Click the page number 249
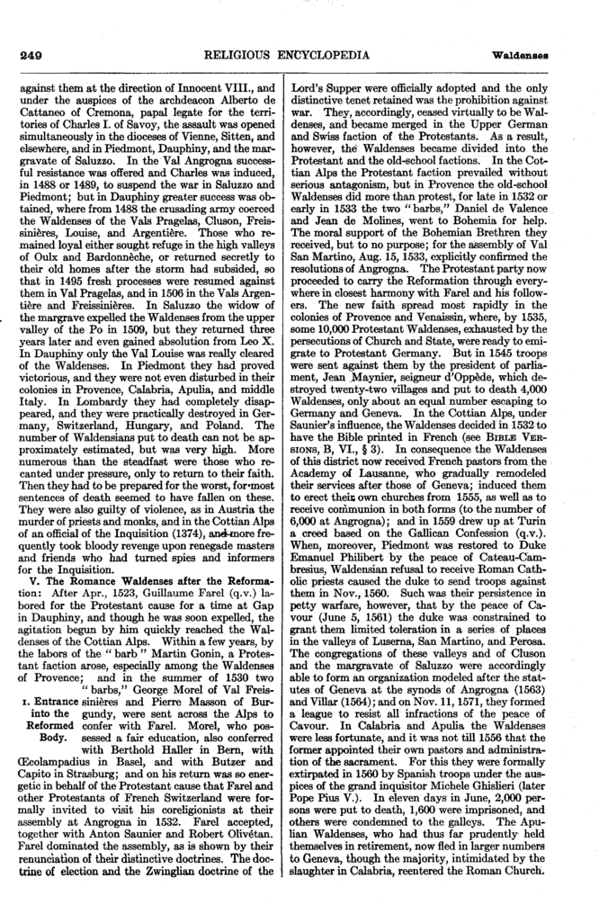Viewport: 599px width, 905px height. coord(33,55)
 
